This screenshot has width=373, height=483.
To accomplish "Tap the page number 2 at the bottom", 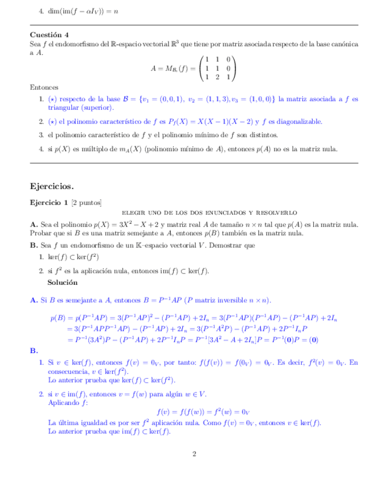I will (x=194, y=454).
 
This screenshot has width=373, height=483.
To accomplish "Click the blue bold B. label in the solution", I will (x=34, y=351).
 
